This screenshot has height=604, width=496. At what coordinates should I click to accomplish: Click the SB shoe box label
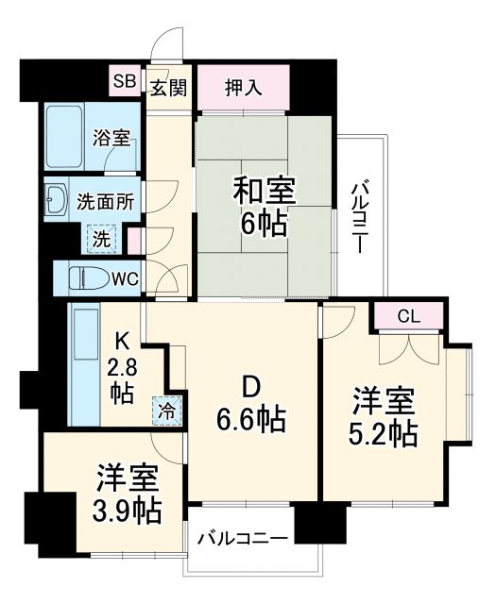pyautogui.click(x=125, y=81)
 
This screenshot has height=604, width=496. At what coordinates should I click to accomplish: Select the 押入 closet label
pyautogui.click(x=243, y=88)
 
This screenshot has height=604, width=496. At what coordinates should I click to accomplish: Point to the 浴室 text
pyautogui.click(x=111, y=138)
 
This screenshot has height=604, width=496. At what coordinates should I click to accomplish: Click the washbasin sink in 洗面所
pyautogui.click(x=55, y=201)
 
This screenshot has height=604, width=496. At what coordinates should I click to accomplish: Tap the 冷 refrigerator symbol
pyautogui.click(x=166, y=411)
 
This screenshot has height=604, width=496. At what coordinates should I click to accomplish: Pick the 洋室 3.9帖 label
pyautogui.click(x=126, y=494)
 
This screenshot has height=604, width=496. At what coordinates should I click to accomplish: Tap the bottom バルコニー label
pyautogui.click(x=242, y=539)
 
